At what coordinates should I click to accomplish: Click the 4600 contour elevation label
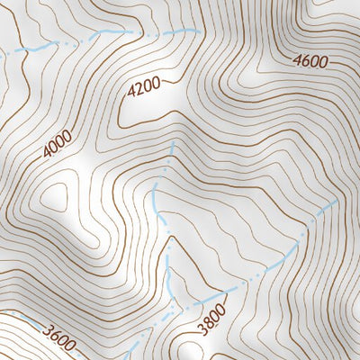coord(310,62)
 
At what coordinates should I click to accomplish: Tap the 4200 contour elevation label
coord(144,88)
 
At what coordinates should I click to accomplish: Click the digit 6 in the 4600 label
coord(306,62)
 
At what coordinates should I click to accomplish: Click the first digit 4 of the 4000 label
coord(46,154)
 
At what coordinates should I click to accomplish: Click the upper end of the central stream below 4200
coord(172,141)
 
